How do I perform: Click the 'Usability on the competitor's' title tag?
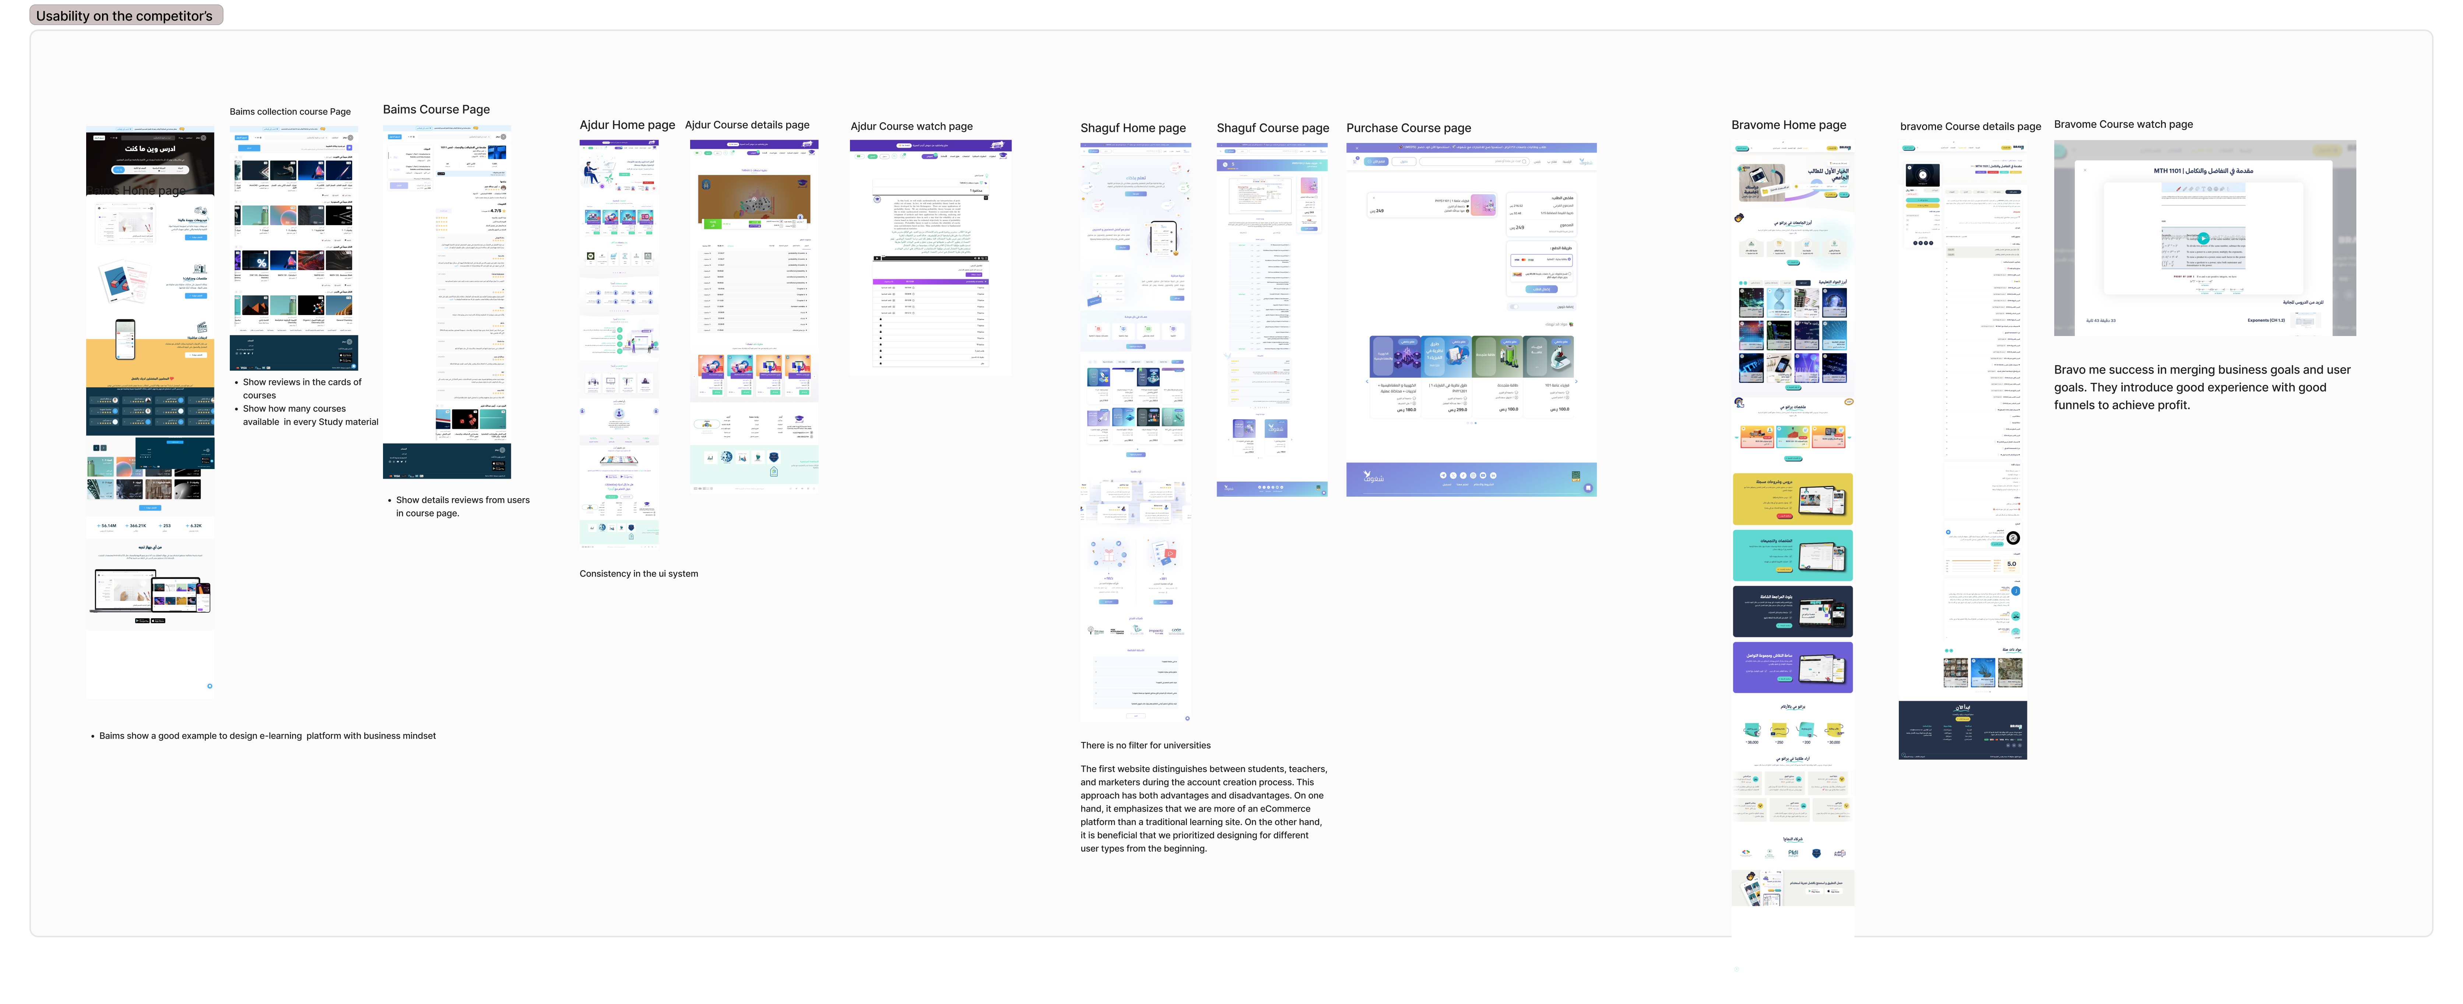coord(125,15)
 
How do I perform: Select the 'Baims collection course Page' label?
coord(290,112)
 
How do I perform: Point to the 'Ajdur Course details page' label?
coord(747,125)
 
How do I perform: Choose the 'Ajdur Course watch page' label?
coord(911,126)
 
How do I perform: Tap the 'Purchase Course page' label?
coord(1408,128)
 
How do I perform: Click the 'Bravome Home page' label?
coord(1788,125)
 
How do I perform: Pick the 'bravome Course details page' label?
coord(1970,126)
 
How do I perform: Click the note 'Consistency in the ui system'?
coord(639,574)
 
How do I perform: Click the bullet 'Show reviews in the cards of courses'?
coord(301,388)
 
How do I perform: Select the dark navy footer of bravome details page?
coord(1962,730)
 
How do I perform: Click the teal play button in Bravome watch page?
coord(2203,238)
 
